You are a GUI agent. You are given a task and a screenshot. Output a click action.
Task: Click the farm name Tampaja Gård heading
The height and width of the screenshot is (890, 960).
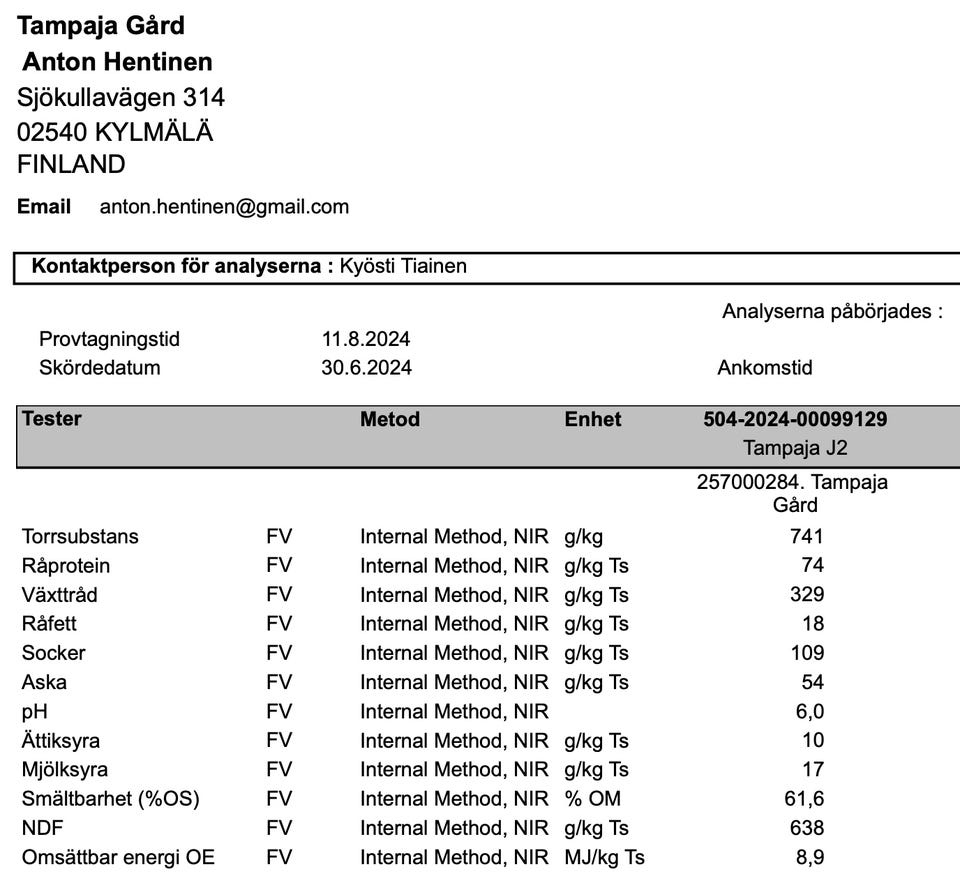click(x=101, y=25)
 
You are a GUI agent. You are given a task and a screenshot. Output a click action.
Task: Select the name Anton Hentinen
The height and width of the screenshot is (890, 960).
click(x=117, y=62)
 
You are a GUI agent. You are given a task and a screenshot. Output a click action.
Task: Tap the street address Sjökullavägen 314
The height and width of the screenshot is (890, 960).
click(x=121, y=97)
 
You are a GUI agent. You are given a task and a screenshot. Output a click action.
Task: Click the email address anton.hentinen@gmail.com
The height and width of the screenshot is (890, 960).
click(x=224, y=207)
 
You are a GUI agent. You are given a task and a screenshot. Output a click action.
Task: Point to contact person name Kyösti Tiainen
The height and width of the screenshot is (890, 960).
click(x=403, y=266)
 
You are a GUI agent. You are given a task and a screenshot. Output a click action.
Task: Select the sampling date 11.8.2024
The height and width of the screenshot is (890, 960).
click(x=366, y=339)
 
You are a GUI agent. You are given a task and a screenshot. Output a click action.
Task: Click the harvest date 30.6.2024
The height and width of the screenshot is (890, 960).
click(x=366, y=367)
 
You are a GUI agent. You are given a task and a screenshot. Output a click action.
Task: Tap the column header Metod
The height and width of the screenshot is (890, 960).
click(x=390, y=419)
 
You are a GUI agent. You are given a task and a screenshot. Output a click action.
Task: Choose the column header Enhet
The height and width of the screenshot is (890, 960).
click(x=593, y=419)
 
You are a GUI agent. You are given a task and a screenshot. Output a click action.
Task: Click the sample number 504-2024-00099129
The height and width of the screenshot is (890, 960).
click(x=795, y=419)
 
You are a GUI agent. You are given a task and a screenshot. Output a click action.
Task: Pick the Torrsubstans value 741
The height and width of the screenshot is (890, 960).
click(x=806, y=536)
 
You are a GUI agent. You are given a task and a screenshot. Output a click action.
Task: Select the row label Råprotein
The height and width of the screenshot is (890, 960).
click(x=66, y=566)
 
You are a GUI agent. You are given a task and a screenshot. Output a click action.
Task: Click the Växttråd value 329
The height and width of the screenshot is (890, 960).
click(x=806, y=595)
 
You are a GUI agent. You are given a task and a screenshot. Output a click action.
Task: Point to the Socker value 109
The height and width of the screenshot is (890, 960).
click(x=806, y=653)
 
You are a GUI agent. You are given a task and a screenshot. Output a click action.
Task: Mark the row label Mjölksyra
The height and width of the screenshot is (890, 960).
click(x=65, y=770)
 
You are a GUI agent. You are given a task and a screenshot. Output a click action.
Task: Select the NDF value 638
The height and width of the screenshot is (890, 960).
click(x=806, y=828)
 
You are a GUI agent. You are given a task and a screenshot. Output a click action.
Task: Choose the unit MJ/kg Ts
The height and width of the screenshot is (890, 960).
click(x=604, y=857)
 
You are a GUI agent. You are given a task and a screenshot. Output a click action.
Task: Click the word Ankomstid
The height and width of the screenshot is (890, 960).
click(x=765, y=367)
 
